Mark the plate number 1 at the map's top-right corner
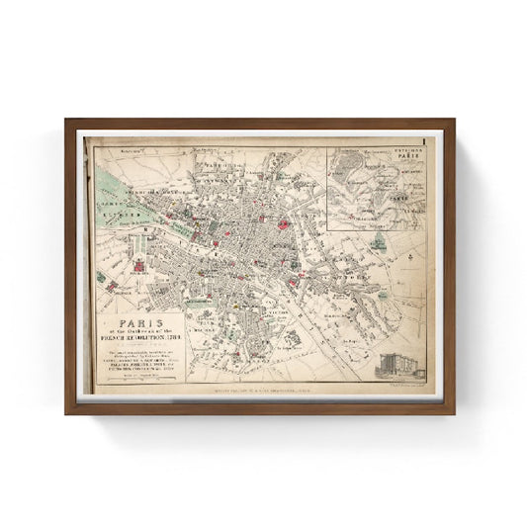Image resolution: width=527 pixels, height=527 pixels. click(422, 143)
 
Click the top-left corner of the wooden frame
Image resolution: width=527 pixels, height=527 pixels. click(67, 121)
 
